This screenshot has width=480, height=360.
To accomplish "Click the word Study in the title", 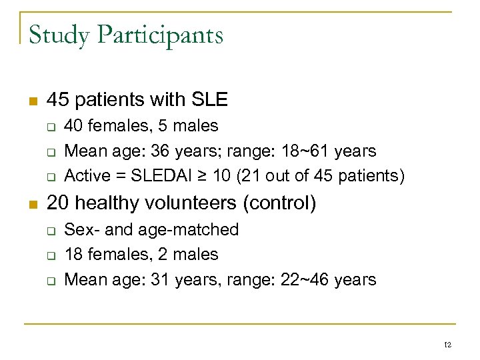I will click(59, 35).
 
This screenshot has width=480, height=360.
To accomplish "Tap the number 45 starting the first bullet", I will click(58, 100).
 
